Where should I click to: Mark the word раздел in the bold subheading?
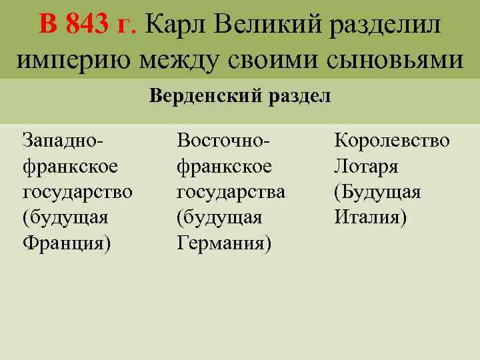point(300,96)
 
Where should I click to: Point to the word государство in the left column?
point(77,192)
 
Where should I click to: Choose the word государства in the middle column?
point(231,192)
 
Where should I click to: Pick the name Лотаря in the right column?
point(366,166)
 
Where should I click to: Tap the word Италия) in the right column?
point(370,217)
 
